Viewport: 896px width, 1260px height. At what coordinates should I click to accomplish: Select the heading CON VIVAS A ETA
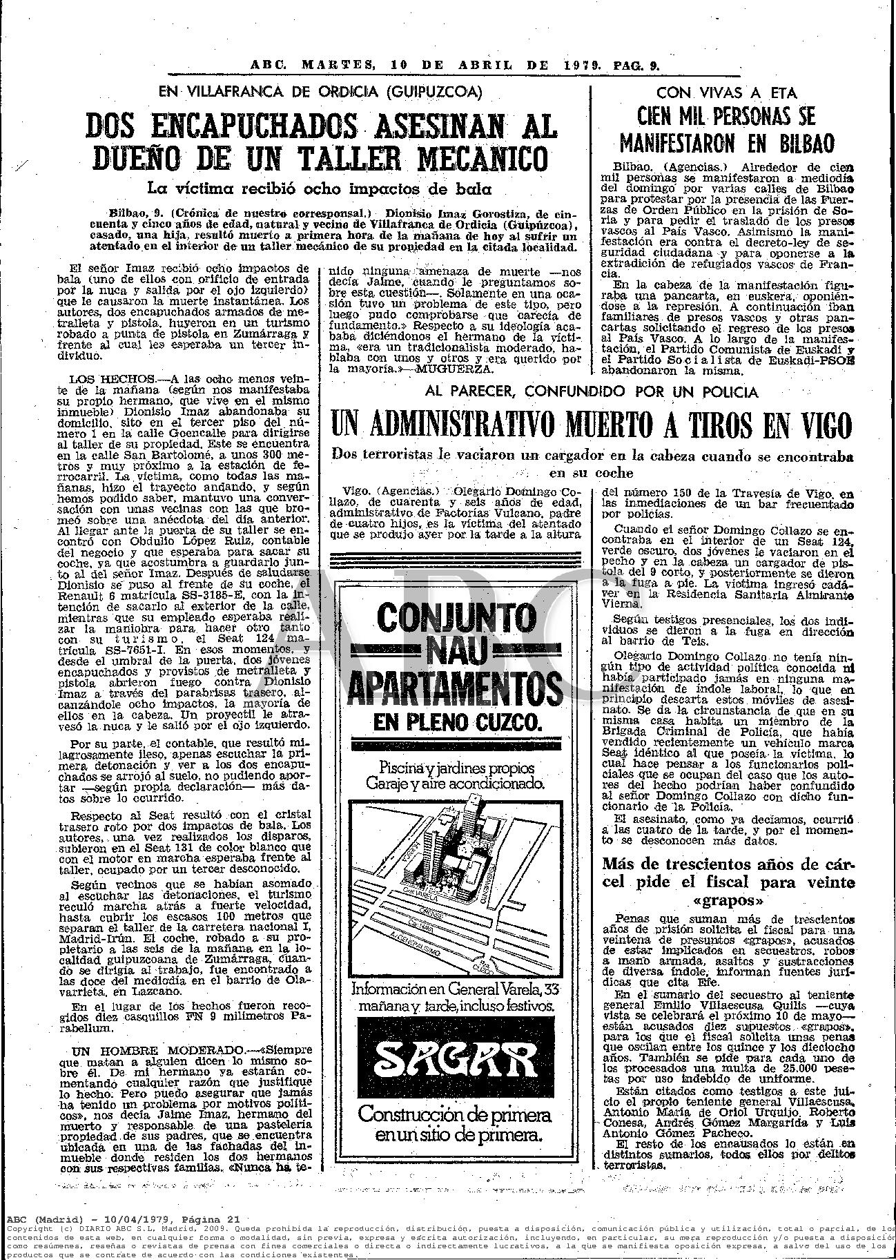point(725,93)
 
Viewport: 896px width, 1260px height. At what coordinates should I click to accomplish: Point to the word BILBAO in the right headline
point(799,143)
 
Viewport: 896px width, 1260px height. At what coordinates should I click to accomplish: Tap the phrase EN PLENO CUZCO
point(456,723)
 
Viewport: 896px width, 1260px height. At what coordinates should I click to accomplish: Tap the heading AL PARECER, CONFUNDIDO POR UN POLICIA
point(592,392)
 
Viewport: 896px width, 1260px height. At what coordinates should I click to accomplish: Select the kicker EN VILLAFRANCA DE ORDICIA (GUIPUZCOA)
point(320,93)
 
